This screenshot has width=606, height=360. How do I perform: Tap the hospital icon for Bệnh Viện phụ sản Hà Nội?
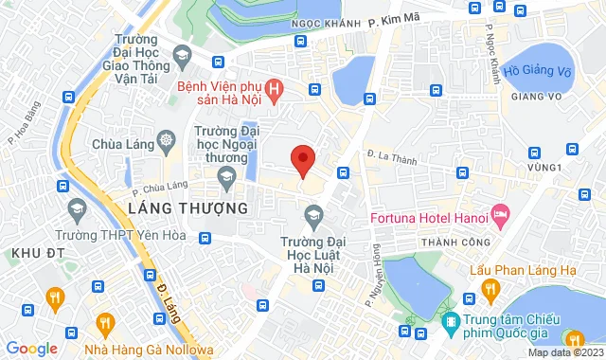point(274,90)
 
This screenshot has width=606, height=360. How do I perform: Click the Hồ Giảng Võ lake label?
point(537,70)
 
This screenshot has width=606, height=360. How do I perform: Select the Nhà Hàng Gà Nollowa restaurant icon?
point(103,324)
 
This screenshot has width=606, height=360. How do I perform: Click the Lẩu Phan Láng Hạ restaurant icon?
point(489,286)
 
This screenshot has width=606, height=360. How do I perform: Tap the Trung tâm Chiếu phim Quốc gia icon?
point(452,322)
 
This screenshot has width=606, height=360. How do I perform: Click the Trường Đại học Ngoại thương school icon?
point(227,175)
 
